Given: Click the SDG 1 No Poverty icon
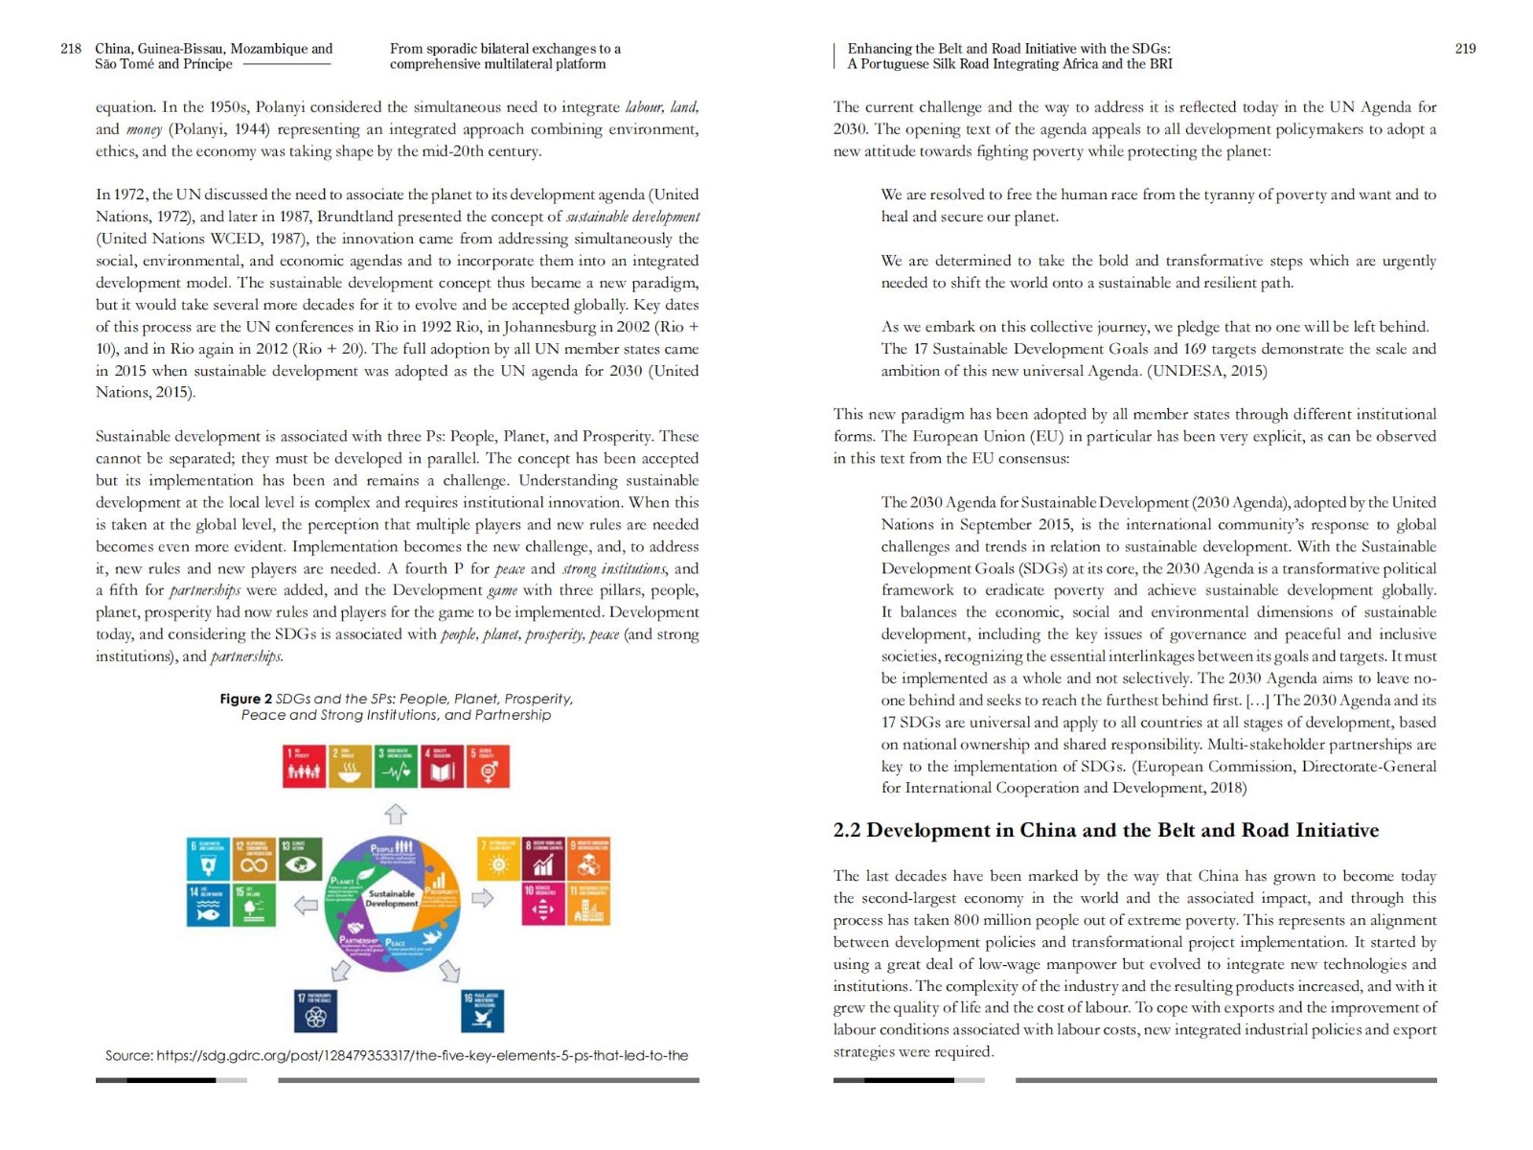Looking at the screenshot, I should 305,767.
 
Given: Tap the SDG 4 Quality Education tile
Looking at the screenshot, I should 442,767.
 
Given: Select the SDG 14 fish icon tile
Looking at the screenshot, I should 208,905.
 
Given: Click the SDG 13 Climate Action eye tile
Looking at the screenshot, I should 301,859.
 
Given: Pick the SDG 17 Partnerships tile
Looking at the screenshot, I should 315,1011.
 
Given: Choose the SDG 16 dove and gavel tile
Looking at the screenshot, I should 482,1011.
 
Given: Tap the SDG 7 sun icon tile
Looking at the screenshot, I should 498,859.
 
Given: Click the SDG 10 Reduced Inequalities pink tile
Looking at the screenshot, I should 542,905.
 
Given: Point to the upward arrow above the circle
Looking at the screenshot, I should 396,815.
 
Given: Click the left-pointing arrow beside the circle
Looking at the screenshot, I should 306,905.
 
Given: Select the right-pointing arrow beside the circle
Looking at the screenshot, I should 483,898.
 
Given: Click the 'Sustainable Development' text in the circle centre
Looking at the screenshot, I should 392,898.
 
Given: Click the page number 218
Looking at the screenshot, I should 71,49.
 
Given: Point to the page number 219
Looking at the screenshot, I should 1465,49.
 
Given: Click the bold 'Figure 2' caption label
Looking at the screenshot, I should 245,699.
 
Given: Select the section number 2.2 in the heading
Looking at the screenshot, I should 847,830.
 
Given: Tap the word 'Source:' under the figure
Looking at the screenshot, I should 128,1055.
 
